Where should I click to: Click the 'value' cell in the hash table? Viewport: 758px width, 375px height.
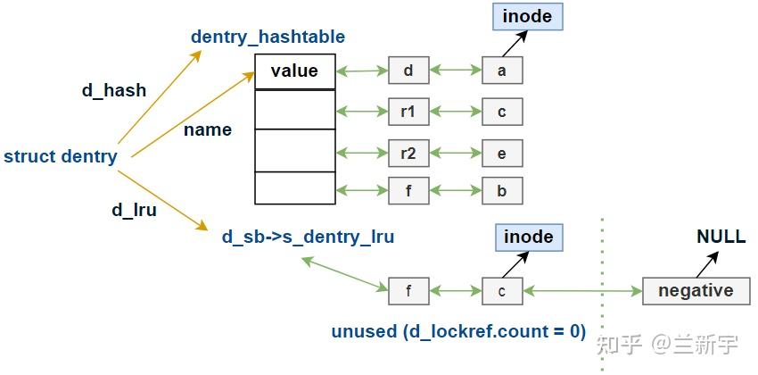(293, 71)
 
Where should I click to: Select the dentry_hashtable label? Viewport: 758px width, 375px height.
(268, 37)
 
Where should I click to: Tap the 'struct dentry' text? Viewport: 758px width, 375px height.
(60, 156)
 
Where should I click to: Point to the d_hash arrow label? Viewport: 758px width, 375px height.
(113, 90)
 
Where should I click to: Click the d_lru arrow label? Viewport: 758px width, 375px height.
(134, 211)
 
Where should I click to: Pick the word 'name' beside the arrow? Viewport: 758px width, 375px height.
(208, 129)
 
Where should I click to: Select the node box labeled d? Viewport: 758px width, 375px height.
(408, 71)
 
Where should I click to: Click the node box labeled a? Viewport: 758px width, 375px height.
(502, 71)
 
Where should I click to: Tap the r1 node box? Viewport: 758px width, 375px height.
(408, 112)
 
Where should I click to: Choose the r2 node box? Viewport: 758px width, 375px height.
(408, 153)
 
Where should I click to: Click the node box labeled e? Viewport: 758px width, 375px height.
(502, 153)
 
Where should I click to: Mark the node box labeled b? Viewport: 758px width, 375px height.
(502, 190)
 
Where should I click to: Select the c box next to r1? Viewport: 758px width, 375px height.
(502, 112)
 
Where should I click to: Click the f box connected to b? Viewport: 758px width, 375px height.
(408, 190)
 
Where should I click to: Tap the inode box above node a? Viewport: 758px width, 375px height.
(527, 16)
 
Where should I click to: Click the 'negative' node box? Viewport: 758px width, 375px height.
(696, 290)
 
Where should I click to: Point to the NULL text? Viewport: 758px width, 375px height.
(721, 238)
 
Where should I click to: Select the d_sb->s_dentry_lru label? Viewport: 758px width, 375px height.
(308, 237)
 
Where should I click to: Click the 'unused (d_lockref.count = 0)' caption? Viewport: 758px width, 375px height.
(458, 331)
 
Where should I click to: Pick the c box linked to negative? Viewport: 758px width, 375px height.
(502, 290)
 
